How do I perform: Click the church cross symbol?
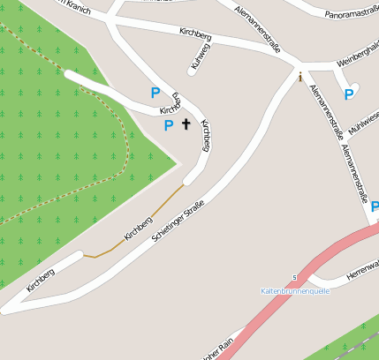point(186,124)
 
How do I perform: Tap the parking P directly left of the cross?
point(169,125)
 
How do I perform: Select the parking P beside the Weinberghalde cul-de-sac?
point(349,94)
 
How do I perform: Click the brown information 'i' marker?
point(300,77)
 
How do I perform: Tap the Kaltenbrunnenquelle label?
point(295,290)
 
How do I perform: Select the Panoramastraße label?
point(352,13)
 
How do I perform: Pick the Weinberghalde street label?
point(357,64)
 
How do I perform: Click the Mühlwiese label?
point(364,127)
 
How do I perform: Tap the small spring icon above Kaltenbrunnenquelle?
point(295,277)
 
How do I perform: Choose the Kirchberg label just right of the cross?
point(205,136)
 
